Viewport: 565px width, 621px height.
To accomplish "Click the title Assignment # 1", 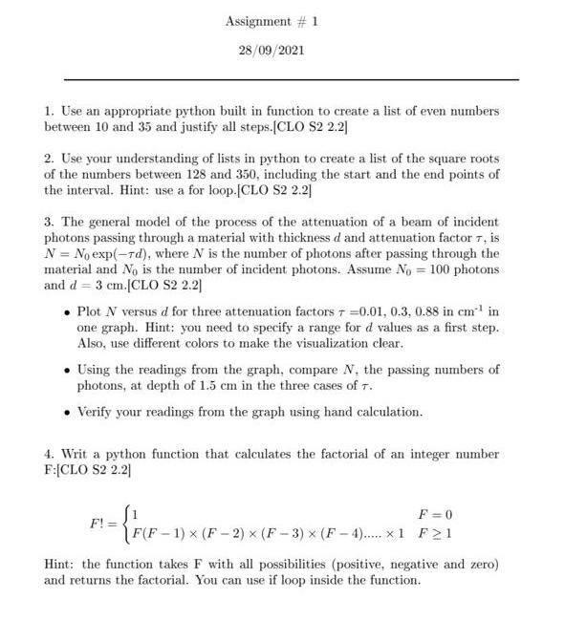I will (x=272, y=20).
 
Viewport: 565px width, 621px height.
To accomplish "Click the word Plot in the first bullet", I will (x=88, y=312).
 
